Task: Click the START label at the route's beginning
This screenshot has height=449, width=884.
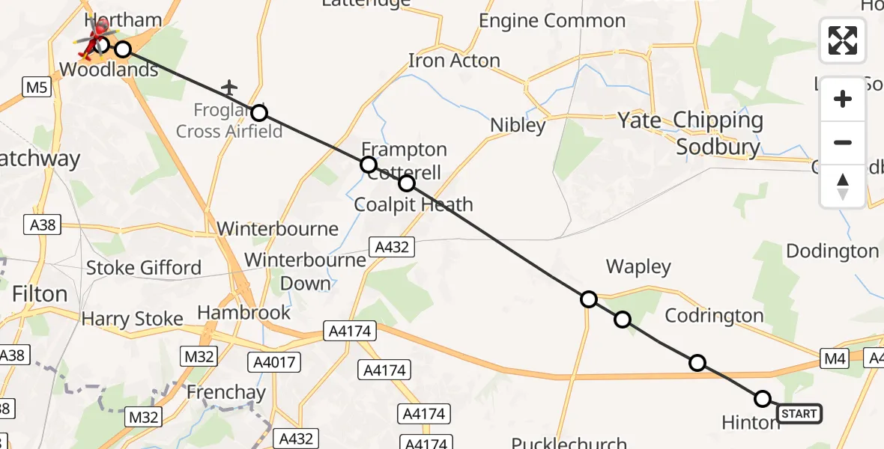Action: (799, 413)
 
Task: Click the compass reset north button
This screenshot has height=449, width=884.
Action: (843, 186)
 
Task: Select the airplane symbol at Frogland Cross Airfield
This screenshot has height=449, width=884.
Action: (229, 88)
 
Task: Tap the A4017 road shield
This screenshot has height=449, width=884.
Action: (273, 363)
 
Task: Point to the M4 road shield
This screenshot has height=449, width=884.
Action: (835, 359)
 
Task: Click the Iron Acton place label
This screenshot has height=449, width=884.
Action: (454, 61)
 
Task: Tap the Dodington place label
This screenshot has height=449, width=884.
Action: (832, 251)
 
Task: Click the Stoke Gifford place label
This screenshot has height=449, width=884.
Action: (144, 268)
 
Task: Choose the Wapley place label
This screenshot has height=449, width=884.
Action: (638, 267)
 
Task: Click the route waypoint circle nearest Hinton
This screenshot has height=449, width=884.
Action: (763, 399)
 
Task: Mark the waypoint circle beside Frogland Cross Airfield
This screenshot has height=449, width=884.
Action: (258, 113)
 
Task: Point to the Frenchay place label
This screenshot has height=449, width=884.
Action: (225, 392)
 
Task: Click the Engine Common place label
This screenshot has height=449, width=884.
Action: (553, 21)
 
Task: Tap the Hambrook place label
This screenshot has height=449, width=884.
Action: (243, 312)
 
